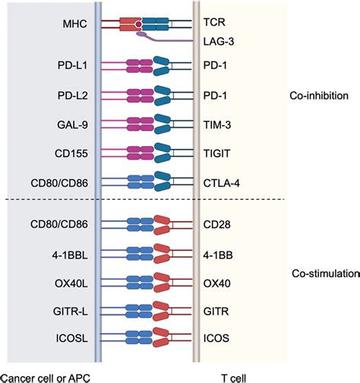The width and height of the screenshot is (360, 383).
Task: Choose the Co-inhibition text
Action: click(x=319, y=97)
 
